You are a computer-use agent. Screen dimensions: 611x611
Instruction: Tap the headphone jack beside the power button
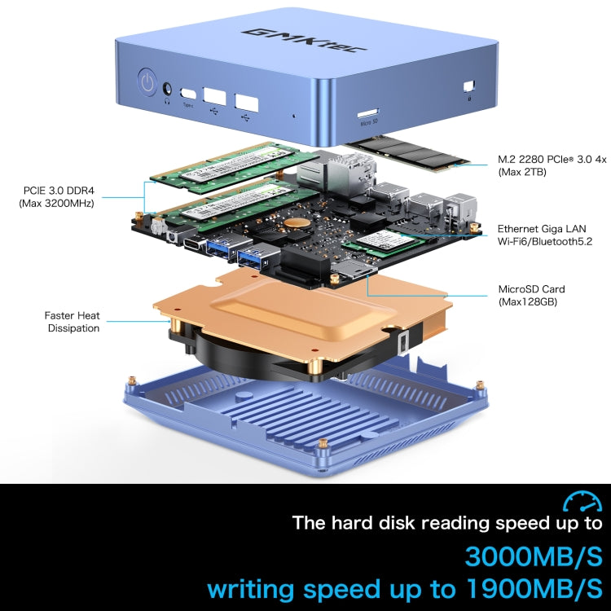(x=169, y=88)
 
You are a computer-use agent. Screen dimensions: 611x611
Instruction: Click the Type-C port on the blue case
(x=189, y=93)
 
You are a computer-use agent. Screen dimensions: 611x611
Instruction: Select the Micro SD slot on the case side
(x=367, y=111)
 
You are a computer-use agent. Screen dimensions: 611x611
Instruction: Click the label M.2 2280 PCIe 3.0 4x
(x=552, y=160)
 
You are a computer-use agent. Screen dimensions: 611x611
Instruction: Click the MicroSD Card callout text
(x=531, y=289)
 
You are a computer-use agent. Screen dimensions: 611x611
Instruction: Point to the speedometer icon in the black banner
(x=582, y=501)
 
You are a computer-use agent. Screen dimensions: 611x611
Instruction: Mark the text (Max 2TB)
(x=522, y=173)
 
